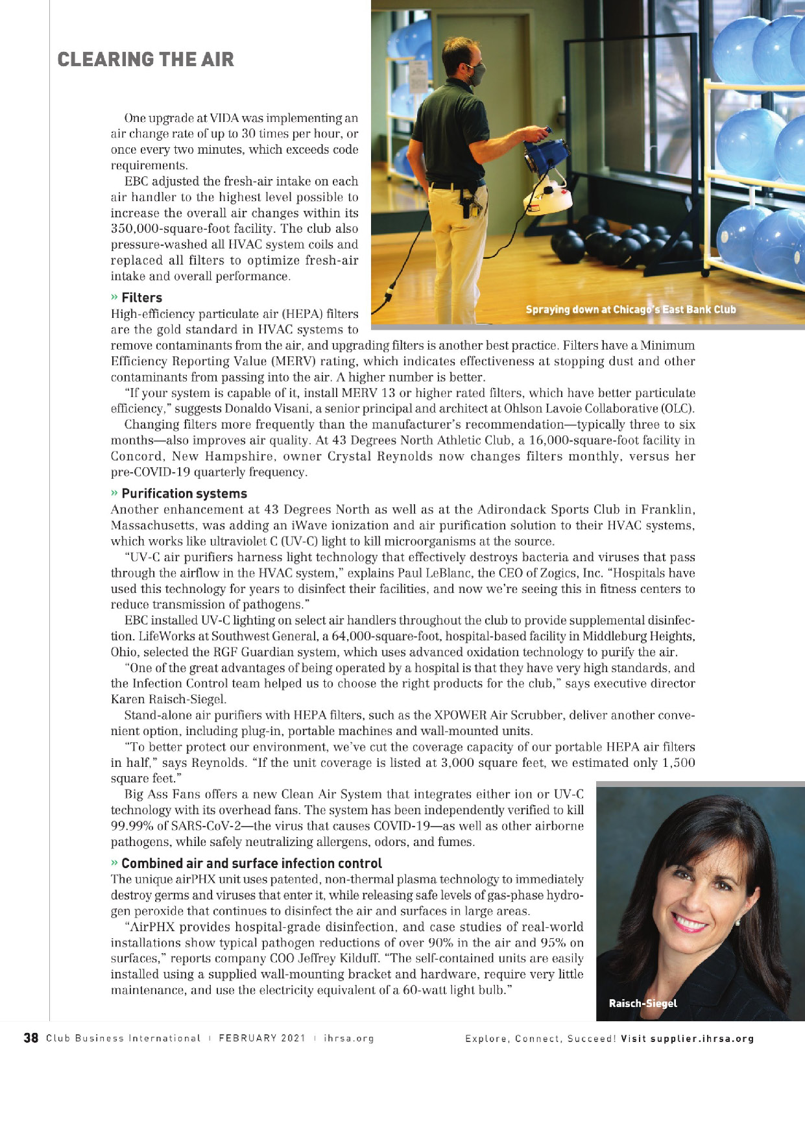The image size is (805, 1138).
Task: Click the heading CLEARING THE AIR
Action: (x=145, y=60)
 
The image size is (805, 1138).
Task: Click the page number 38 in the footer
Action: (x=30, y=1038)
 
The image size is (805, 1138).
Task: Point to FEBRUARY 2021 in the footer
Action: (x=261, y=1038)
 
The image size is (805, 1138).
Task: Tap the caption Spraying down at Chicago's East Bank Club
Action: (x=631, y=309)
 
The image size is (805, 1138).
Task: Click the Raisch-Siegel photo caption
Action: (x=642, y=1003)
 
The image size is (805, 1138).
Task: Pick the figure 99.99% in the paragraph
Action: (x=133, y=827)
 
